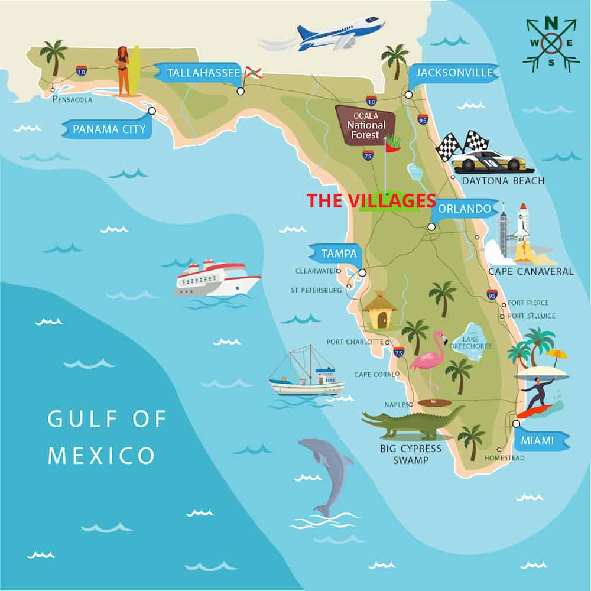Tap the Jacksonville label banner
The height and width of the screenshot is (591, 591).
(453, 73)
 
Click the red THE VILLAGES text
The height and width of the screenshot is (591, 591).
(371, 201)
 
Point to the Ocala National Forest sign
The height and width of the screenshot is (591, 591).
(366, 125)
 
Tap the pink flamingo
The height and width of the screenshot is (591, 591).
(428, 361)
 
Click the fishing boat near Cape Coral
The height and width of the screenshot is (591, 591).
(307, 376)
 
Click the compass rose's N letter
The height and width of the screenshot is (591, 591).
(551, 23)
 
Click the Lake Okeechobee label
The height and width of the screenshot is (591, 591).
(471, 342)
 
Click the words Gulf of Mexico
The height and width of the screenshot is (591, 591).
(106, 437)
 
